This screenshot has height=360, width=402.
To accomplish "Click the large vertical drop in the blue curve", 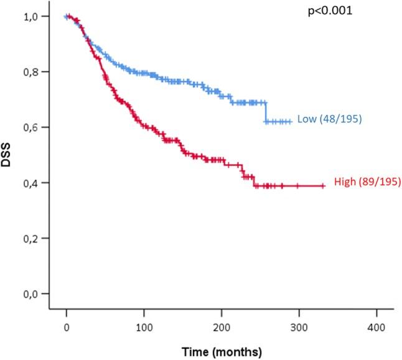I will tap(266, 112).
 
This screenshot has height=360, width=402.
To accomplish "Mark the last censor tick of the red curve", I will tap(323, 185).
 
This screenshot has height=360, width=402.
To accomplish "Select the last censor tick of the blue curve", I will tap(289, 122).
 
